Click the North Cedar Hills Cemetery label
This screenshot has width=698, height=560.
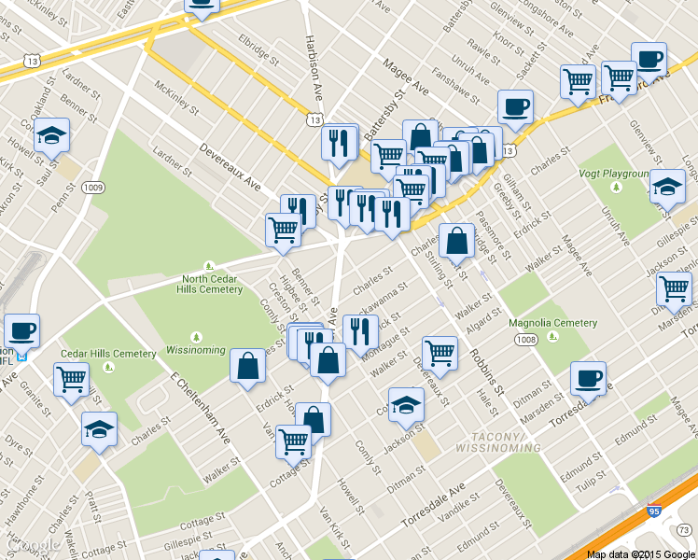[x=213, y=283]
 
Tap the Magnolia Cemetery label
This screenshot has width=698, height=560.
[x=553, y=323]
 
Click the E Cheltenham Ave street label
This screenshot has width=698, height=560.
[x=201, y=407]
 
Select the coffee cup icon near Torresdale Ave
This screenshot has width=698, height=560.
[x=588, y=378]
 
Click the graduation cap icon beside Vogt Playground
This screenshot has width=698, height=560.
[x=666, y=187]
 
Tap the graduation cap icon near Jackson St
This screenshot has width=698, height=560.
[x=406, y=404]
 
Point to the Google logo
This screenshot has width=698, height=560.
[x=34, y=545]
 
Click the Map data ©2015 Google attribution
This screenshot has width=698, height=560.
[x=640, y=554]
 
